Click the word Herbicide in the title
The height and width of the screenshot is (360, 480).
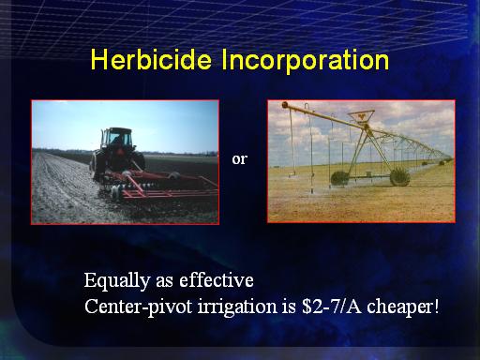click(x=151, y=60)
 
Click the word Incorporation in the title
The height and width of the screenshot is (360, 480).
click(x=306, y=61)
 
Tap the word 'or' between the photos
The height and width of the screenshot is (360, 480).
click(x=239, y=159)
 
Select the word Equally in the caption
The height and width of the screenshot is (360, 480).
click(x=117, y=281)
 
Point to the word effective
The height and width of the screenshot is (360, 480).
click(x=217, y=279)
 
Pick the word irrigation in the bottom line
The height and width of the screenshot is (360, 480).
click(x=237, y=307)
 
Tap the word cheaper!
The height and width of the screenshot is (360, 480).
click(x=403, y=307)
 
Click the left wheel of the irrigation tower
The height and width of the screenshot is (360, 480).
click(x=339, y=178)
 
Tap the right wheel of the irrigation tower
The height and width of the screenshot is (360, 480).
click(x=399, y=177)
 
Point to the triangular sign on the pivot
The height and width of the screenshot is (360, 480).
click(x=361, y=116)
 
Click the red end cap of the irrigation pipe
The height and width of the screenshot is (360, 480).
click(x=285, y=105)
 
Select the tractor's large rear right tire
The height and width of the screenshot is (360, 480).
click(x=138, y=161)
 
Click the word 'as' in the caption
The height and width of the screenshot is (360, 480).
click(x=164, y=281)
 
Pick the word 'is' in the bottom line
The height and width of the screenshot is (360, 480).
click(x=290, y=307)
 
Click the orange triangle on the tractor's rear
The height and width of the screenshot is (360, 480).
click(x=119, y=152)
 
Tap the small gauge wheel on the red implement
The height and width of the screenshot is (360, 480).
click(x=116, y=192)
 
